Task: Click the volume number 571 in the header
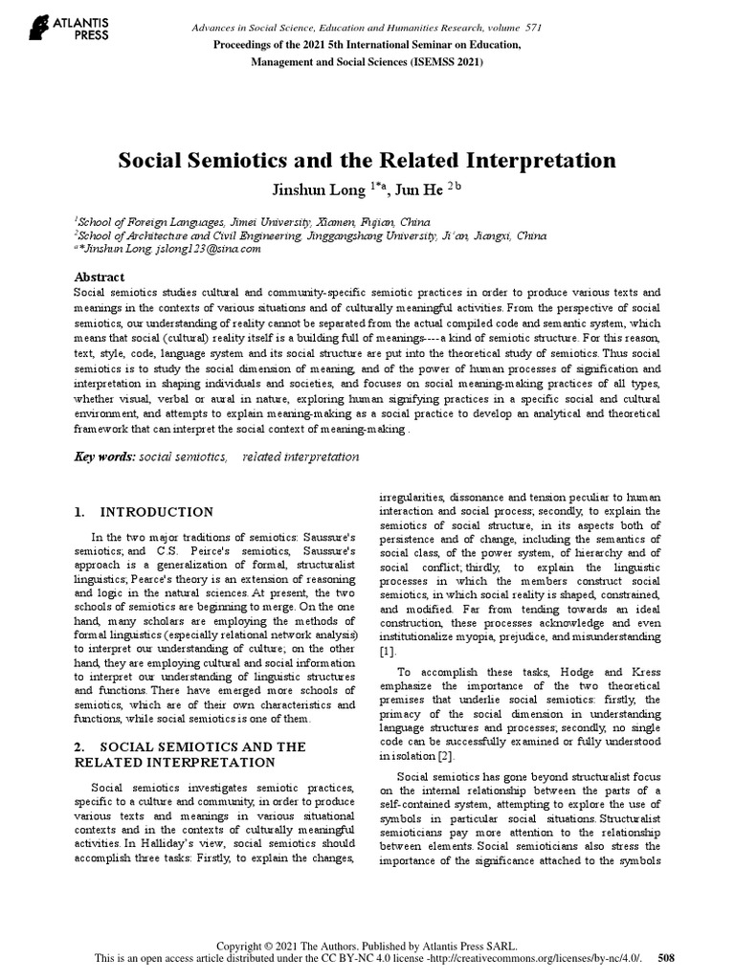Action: point(532,27)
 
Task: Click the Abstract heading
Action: point(99,277)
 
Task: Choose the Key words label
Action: point(105,457)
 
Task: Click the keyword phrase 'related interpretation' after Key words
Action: point(301,457)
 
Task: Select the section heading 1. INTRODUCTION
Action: point(144,512)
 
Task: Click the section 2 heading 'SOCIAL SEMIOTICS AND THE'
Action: point(189,746)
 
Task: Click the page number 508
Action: point(667,957)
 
